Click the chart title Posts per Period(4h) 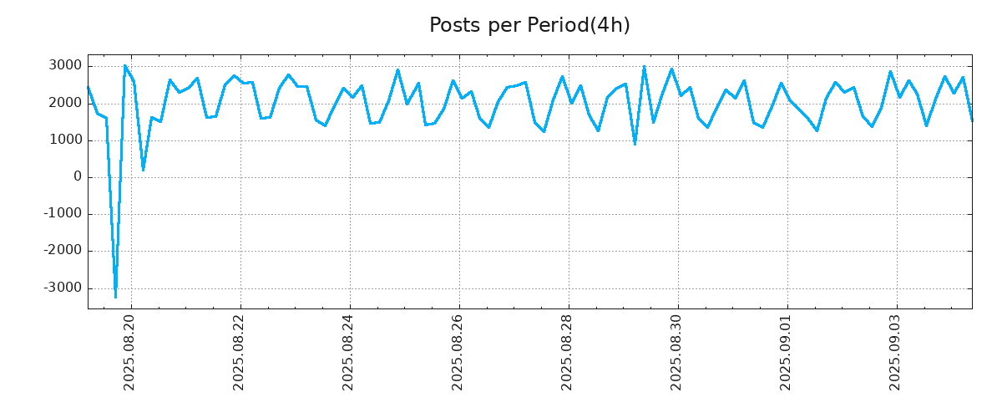point(529,26)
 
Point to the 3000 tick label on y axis point(65,66)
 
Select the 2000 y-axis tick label point(65,103)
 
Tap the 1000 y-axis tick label point(65,140)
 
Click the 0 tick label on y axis point(78,177)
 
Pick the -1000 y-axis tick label point(63,214)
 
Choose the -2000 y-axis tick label point(63,251)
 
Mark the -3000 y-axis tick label point(63,288)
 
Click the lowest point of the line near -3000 point(115,297)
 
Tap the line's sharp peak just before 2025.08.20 point(124,66)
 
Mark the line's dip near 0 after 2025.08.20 point(143,171)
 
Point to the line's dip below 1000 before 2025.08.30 point(635,145)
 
